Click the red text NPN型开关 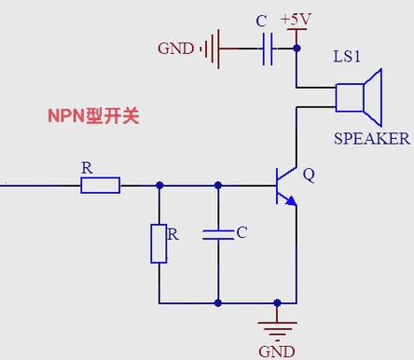point(93,116)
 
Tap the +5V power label point(296,20)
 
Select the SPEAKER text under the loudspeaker point(372,138)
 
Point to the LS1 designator point(347,56)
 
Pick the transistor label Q point(309,175)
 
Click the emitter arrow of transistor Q point(291,201)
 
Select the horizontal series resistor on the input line point(101,186)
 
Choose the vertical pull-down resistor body point(159,243)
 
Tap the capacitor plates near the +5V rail point(268,48)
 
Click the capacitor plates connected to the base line point(218,235)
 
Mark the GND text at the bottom point(277,352)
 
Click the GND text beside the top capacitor point(175,48)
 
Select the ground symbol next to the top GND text point(211,48)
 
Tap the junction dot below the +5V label point(297,48)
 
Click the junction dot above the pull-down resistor point(159,186)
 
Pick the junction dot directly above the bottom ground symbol point(277,303)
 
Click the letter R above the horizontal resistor point(87,168)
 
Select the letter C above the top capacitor point(261,21)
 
